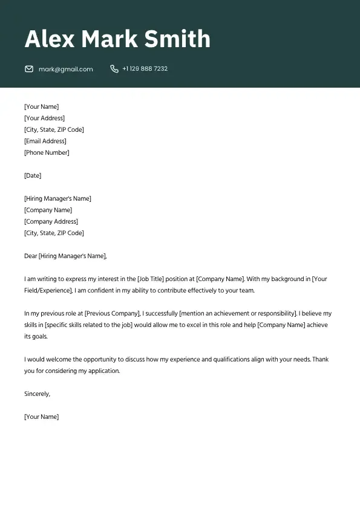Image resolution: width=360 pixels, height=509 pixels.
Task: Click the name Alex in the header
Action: coord(50,39)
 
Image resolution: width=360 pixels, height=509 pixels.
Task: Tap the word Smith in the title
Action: coord(179,39)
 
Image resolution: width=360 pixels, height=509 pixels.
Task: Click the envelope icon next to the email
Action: coord(29,69)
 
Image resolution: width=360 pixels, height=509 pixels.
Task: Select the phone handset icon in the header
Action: coord(114,69)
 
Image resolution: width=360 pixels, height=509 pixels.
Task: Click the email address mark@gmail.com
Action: coord(66,70)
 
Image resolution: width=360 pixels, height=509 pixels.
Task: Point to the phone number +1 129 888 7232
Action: coord(145,69)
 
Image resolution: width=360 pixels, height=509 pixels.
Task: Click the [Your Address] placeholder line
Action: coord(44,118)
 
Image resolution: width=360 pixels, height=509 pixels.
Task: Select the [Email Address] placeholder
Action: coord(45,141)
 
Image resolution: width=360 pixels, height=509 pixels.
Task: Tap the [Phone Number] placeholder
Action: coord(47,153)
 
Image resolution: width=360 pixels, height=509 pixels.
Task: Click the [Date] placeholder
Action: coord(33,176)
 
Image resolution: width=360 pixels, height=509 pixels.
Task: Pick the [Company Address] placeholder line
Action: coord(51,222)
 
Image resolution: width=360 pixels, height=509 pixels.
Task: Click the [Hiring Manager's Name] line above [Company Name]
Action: coord(57,199)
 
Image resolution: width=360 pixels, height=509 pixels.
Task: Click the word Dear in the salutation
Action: coord(31,256)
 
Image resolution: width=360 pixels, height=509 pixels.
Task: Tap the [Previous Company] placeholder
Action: coord(113,314)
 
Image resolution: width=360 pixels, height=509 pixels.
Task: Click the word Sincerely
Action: coord(37,394)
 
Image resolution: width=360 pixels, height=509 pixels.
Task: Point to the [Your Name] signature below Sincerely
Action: coord(41,417)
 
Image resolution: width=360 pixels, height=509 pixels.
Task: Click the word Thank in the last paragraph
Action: coord(320,360)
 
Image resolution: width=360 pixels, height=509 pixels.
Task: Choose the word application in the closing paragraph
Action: coord(99,371)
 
